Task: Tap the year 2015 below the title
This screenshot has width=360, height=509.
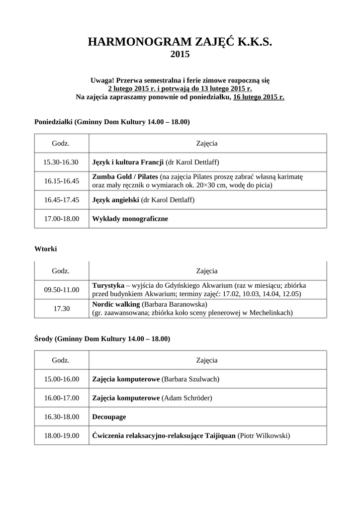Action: (x=180, y=55)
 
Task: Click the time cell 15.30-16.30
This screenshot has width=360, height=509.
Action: (x=61, y=162)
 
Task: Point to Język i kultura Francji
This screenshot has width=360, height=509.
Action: (x=128, y=162)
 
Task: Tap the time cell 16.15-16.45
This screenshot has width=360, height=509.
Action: (x=61, y=181)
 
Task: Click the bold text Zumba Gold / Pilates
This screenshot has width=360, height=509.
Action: (x=125, y=176)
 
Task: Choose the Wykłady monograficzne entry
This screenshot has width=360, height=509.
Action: (x=130, y=218)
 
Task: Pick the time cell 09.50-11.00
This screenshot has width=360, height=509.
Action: (x=61, y=290)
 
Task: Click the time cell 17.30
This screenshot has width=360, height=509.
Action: (x=61, y=309)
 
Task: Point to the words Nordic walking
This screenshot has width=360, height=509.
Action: (x=116, y=304)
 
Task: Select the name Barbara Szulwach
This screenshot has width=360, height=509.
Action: (x=191, y=379)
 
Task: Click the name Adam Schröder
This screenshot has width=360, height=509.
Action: (x=187, y=398)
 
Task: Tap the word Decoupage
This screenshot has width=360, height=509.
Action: (x=109, y=417)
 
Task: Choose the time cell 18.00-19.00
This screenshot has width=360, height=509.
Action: (x=61, y=436)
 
